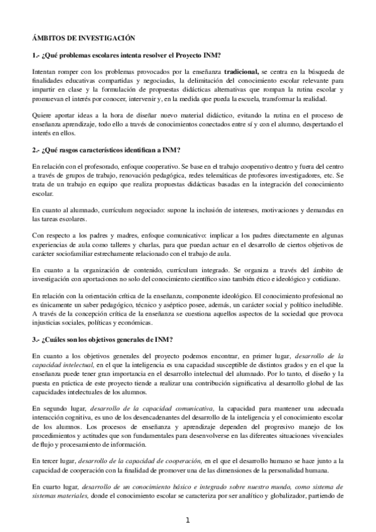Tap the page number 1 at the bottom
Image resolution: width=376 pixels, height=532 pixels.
pyautogui.click(x=188, y=520)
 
